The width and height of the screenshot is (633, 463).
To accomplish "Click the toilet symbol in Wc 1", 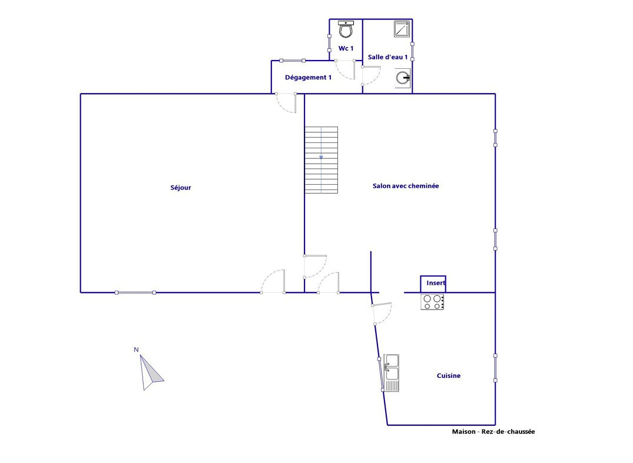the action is [x=346, y=29].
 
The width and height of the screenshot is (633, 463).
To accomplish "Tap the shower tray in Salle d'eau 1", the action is [x=402, y=29].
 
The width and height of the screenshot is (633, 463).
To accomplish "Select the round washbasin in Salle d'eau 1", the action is [x=403, y=78].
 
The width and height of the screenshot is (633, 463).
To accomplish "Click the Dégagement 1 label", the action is [x=308, y=78].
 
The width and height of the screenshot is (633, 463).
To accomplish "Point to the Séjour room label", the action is [x=180, y=188].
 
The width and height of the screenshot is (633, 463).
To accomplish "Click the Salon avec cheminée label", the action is [x=406, y=186].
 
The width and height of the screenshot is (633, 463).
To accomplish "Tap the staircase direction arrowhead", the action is [x=322, y=157].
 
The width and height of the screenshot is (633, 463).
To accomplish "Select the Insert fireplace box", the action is [x=433, y=284].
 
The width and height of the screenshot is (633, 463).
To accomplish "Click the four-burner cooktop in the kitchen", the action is [x=432, y=302].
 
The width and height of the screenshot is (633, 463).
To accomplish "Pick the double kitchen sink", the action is [x=391, y=372].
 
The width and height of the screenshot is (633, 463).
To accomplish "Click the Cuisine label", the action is [x=449, y=375].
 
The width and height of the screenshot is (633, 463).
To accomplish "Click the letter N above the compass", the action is [x=137, y=349].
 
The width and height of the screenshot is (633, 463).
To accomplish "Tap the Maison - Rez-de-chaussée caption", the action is [x=493, y=432].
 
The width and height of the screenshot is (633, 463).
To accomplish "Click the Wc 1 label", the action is [x=346, y=48].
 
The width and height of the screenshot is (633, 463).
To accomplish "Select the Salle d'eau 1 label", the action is [x=387, y=57].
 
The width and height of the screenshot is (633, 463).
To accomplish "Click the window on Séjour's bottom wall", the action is [x=135, y=292].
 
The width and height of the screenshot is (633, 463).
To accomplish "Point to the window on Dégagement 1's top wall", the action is [x=292, y=61].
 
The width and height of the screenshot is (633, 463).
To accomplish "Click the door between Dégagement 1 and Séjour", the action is [x=286, y=103].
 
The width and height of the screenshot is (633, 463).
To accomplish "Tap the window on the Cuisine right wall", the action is [x=495, y=368].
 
